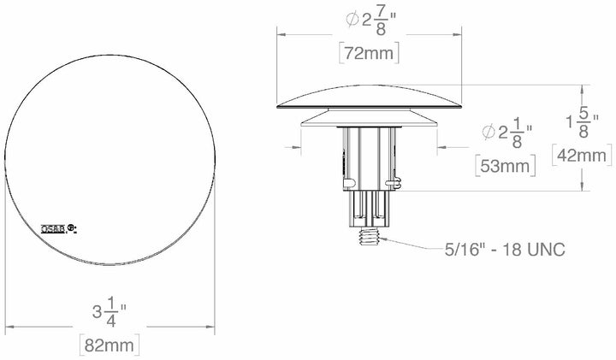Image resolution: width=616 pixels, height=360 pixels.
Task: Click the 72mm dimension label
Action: (x=370, y=51)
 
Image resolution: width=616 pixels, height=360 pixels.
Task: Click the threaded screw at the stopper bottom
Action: (x=371, y=235)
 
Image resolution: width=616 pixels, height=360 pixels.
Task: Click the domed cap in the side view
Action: (x=371, y=97)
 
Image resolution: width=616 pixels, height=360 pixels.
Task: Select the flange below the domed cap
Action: (x=371, y=116)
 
